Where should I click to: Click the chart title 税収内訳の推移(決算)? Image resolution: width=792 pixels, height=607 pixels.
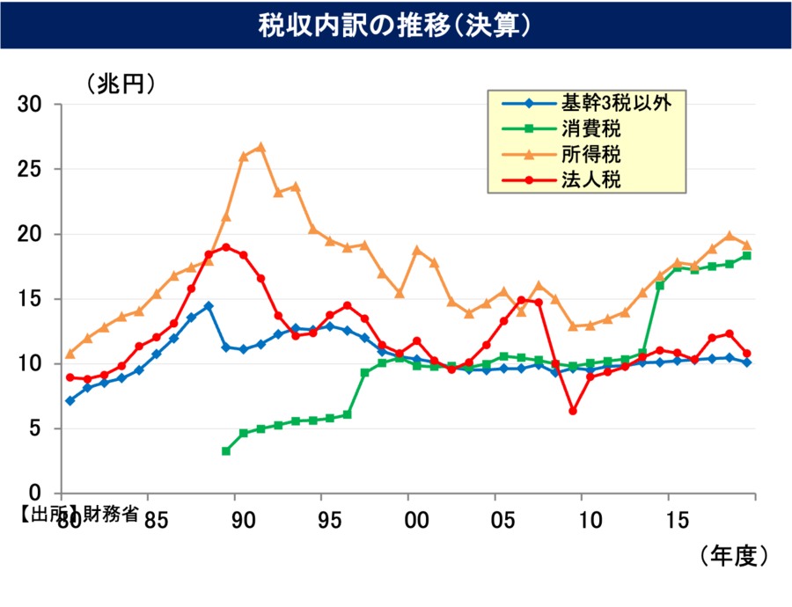click(x=395, y=26)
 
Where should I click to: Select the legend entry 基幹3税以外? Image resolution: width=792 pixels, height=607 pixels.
click(x=616, y=104)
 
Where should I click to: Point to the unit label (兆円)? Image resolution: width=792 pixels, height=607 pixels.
click(x=121, y=84)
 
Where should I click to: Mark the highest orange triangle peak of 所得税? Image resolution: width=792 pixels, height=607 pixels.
click(x=260, y=147)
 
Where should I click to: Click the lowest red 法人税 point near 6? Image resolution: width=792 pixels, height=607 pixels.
click(x=573, y=411)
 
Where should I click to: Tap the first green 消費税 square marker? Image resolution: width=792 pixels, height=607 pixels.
click(x=226, y=451)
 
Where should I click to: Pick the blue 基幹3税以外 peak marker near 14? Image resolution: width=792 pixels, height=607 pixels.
click(x=209, y=306)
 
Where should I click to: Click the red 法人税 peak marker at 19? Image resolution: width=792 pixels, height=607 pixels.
click(x=226, y=247)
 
